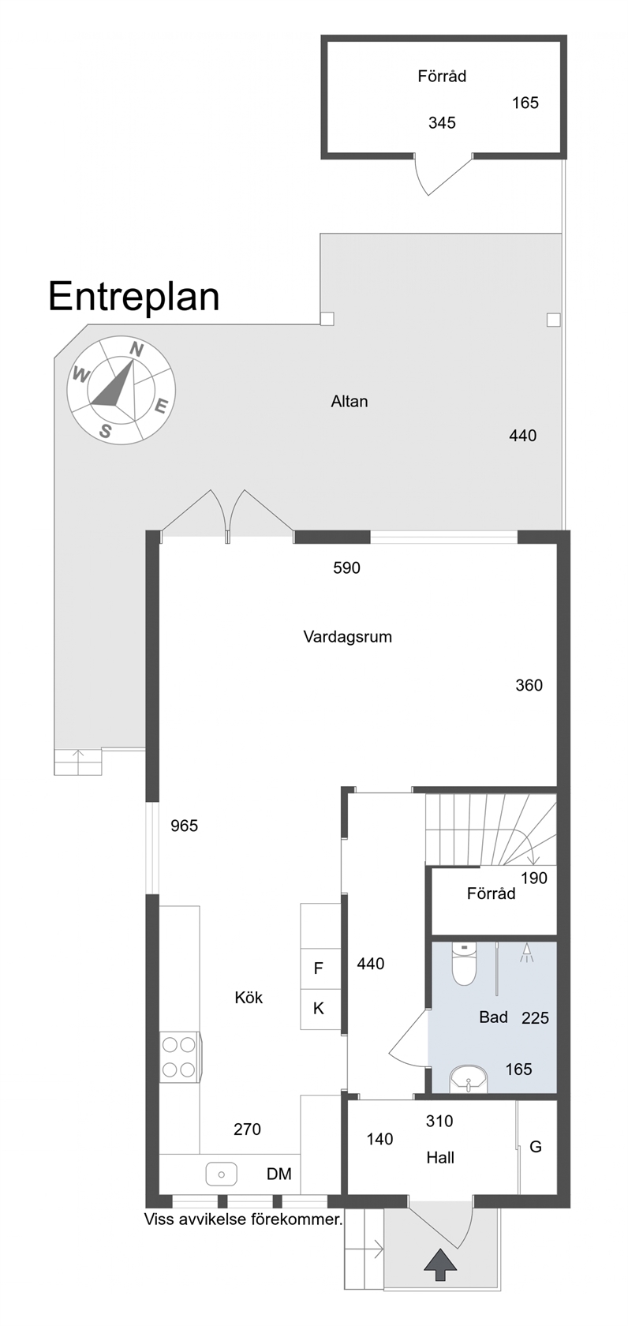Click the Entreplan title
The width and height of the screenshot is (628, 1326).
[x=134, y=297]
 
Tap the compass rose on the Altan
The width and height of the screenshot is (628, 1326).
[x=121, y=390]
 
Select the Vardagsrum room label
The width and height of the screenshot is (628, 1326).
[x=347, y=637]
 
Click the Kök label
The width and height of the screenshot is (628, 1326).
[x=249, y=998]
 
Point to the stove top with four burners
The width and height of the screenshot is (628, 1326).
[x=179, y=1057]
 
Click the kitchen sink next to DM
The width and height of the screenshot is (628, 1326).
[x=222, y=1174]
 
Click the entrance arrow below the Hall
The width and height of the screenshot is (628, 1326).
[x=440, y=1263]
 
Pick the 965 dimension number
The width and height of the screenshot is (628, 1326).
[x=184, y=826]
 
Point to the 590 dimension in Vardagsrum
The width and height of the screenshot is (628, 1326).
[x=346, y=568]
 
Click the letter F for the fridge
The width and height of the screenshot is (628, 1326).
[x=319, y=968]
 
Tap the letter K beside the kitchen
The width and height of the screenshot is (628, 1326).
[x=319, y=1009]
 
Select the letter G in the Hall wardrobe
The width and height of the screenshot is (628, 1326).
[x=536, y=1148]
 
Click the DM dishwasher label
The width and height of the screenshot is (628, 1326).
[x=279, y=1174]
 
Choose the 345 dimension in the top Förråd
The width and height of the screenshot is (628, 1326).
[x=442, y=122]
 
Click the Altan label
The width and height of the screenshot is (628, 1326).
[x=350, y=401]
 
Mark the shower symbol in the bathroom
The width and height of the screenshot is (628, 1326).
[x=526, y=953]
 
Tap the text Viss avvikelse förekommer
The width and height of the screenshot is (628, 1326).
[x=244, y=1219]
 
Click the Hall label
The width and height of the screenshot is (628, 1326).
[x=440, y=1158]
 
